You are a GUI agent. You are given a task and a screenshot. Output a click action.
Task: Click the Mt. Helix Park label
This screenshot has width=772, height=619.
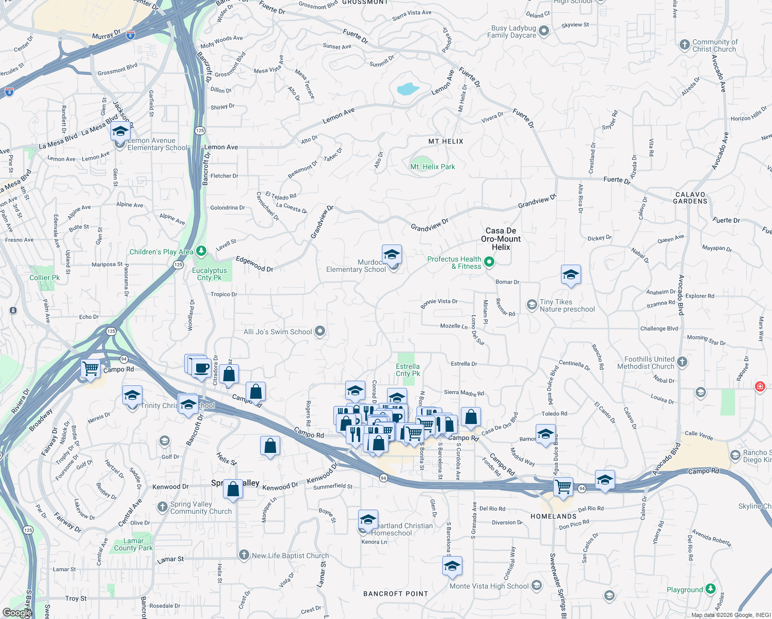[x=432, y=167]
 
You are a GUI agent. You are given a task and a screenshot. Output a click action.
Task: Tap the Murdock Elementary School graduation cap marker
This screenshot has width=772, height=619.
[x=392, y=255]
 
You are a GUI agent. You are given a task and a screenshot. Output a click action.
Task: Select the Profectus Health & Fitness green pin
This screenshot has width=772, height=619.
[x=489, y=263]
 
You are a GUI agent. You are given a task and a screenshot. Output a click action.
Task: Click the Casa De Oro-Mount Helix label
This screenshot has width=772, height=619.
[x=501, y=239]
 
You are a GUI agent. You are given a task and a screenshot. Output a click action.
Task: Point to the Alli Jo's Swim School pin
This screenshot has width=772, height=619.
[x=320, y=331]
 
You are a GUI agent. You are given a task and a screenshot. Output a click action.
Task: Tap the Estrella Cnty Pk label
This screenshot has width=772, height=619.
[x=408, y=370]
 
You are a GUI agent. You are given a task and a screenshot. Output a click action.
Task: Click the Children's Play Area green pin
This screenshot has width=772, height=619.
[x=201, y=252]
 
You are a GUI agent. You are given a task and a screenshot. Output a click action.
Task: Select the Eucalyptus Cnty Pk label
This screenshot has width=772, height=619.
[x=210, y=274]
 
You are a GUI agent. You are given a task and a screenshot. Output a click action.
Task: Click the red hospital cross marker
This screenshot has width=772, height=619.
[x=760, y=386]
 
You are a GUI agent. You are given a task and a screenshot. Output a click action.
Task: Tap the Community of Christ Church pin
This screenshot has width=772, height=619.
[x=684, y=45]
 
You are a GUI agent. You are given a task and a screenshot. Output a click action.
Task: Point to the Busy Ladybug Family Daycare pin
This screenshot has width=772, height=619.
[x=544, y=31]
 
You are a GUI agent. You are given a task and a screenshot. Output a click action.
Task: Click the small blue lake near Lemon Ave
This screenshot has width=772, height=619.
[x=408, y=89]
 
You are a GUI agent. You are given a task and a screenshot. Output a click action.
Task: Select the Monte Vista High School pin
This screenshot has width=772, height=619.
[x=537, y=585]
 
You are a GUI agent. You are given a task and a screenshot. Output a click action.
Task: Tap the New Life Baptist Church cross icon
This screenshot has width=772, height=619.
[x=244, y=555]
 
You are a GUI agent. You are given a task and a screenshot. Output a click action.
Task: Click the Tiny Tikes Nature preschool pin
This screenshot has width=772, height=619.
[x=532, y=305]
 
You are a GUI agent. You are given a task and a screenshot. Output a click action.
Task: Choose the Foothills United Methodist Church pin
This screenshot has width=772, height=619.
[x=682, y=362]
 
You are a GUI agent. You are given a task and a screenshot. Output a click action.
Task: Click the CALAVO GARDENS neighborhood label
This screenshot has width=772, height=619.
[x=690, y=198]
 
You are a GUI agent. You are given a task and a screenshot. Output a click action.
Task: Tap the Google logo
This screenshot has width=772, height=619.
[x=17, y=612]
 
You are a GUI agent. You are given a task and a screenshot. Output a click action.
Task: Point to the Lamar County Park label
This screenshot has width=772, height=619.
[x=133, y=544]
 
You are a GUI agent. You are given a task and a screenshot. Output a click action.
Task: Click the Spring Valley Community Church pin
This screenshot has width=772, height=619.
[x=163, y=507]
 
